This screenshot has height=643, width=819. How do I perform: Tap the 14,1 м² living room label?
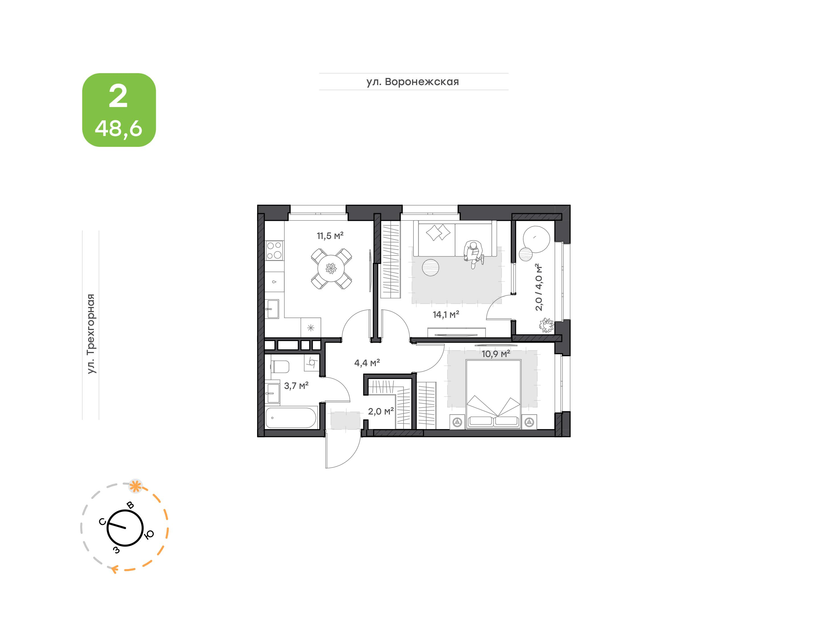pyautogui.click(x=446, y=314)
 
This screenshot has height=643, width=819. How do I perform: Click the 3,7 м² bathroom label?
pyautogui.click(x=296, y=386)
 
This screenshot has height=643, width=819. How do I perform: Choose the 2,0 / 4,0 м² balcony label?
pyautogui.click(x=539, y=287)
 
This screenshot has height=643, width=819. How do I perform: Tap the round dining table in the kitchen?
pyautogui.click(x=331, y=268)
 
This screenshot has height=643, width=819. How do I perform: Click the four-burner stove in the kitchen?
pyautogui.click(x=274, y=250)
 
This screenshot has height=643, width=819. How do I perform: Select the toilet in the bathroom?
pyautogui.click(x=280, y=366)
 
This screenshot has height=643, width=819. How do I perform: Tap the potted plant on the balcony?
pyautogui.click(x=546, y=325)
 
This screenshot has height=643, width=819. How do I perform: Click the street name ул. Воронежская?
pyautogui.click(x=413, y=82)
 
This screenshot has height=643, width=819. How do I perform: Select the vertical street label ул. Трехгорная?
pyautogui.click(x=91, y=334)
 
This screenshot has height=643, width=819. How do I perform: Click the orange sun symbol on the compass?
pyautogui.click(x=135, y=486)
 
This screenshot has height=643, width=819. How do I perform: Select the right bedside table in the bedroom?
pyautogui.click(x=529, y=422)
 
